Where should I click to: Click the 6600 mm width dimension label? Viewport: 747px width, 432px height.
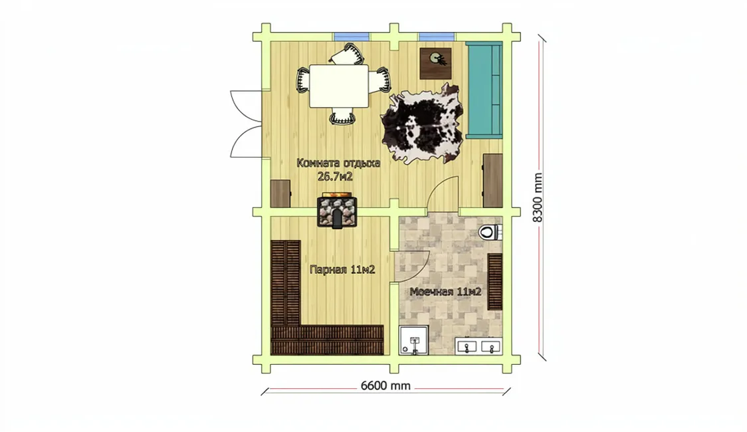[x=385, y=385]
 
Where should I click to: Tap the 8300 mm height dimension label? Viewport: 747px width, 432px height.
[x=538, y=197]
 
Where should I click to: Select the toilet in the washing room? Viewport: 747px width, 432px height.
[x=488, y=233]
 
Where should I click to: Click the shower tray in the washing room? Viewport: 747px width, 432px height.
[x=415, y=340]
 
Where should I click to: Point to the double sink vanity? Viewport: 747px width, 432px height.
[x=479, y=346]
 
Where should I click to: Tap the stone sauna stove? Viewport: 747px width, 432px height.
[x=338, y=211]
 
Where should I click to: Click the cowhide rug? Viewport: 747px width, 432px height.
[x=422, y=124]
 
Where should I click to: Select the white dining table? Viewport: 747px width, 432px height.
[x=339, y=86]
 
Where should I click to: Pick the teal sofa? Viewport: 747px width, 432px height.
[x=484, y=90]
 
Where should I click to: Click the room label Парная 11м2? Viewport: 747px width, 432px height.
[x=342, y=270]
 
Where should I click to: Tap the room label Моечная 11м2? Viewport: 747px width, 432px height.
[x=445, y=292]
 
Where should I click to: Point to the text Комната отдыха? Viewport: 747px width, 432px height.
[x=338, y=163]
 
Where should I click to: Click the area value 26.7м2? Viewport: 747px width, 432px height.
[x=335, y=177]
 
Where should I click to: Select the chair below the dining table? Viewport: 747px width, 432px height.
[x=342, y=116]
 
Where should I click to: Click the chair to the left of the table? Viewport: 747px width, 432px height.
[x=303, y=80]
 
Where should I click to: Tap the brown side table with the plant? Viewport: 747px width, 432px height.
[x=435, y=63]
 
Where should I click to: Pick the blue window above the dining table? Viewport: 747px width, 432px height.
[x=352, y=37]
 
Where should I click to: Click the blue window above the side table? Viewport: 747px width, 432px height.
[x=437, y=37]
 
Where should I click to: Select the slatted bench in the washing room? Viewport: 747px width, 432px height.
[x=495, y=282]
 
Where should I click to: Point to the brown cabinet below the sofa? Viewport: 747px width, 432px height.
[x=492, y=181]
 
